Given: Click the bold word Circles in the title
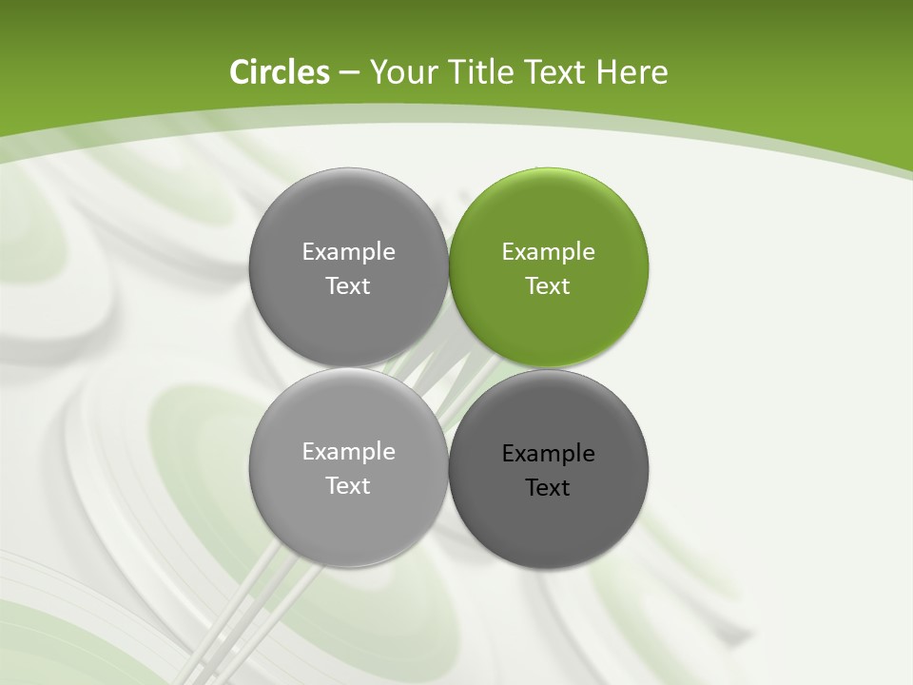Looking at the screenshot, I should tap(280, 72).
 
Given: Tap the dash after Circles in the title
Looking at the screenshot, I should tap(348, 73).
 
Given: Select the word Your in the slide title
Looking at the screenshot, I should tap(398, 72).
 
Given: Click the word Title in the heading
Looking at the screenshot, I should tap(475, 72).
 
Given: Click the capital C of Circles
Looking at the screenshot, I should tap(240, 72).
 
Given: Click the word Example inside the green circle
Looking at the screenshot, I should tap(549, 252).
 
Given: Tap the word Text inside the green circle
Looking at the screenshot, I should tap(548, 286).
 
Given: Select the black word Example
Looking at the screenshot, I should tap(549, 454).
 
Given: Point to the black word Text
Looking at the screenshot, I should tap(548, 488).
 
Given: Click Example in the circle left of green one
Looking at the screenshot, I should tap(348, 252).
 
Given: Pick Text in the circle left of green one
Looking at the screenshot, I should tap(348, 286).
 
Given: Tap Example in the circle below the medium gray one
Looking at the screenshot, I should tap(348, 452).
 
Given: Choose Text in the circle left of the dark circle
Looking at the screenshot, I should tap(348, 486).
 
